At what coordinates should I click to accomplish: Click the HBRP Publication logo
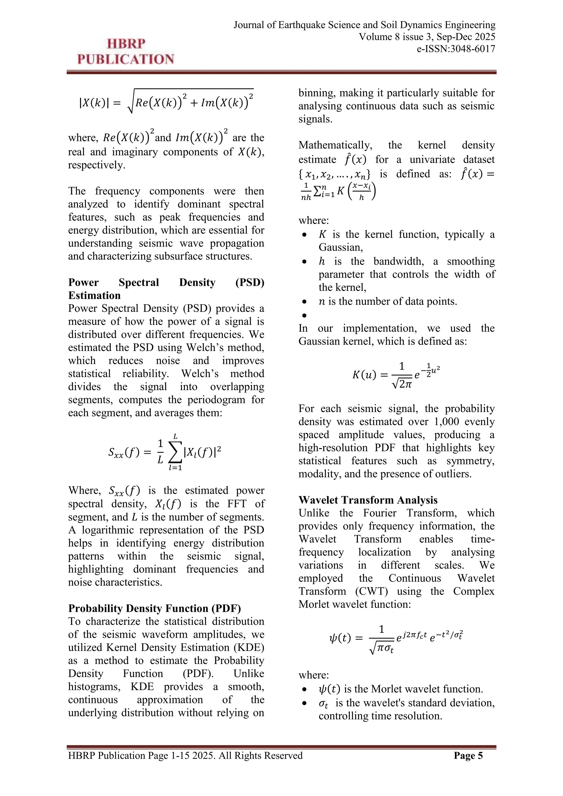[x=126, y=52]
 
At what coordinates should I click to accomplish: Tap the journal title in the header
[x=364, y=25]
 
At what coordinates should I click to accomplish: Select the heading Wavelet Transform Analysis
[x=368, y=500]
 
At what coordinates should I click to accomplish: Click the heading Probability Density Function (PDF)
[x=154, y=609]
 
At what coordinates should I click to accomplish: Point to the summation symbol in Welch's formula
[x=175, y=452]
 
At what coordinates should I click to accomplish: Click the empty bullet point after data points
[x=304, y=315]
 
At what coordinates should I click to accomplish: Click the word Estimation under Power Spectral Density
[x=94, y=295]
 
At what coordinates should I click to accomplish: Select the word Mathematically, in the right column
[x=335, y=145]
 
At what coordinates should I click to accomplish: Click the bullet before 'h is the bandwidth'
[x=304, y=261]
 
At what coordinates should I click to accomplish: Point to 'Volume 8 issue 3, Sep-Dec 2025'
[x=427, y=37]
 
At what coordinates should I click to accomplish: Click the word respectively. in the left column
[x=97, y=165]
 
